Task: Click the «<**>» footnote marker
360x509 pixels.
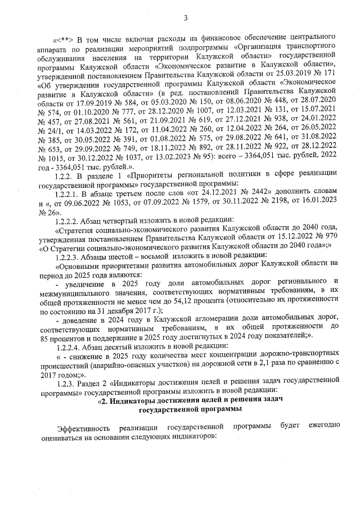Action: coord(62,39)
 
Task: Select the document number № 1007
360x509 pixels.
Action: coord(192,110)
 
